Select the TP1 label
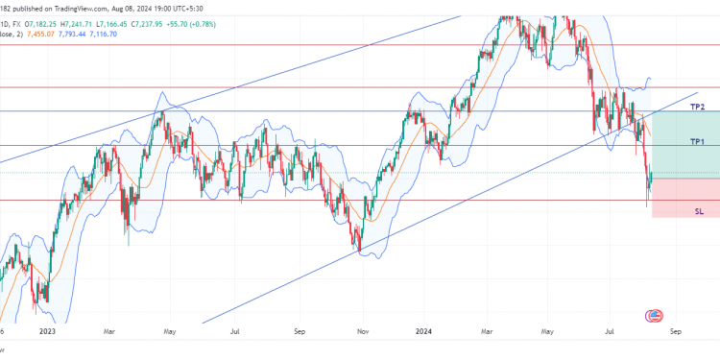[698, 141]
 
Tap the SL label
[699, 210]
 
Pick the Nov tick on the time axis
[363, 331]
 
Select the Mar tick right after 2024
[489, 331]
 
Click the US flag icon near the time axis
[657, 315]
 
